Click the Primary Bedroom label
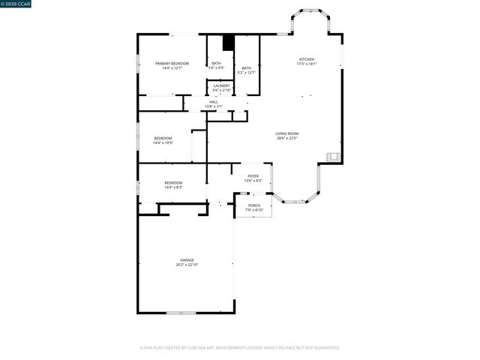[x=172, y=63]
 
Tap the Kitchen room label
[x=307, y=59]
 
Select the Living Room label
[x=287, y=133]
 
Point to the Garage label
[x=187, y=260]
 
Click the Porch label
[x=254, y=205]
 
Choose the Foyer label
[x=253, y=176]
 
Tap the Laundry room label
[x=221, y=85]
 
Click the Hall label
[x=214, y=102]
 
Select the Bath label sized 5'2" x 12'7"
[x=246, y=68]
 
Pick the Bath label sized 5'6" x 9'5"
[x=216, y=63]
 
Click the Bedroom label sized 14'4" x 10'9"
[x=163, y=138]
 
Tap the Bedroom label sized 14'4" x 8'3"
[x=173, y=183]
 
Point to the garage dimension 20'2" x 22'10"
[x=187, y=265]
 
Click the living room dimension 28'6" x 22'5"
[x=287, y=138]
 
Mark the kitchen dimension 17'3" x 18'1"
[x=307, y=64]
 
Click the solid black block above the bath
[x=229, y=43]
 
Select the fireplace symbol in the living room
[x=334, y=157]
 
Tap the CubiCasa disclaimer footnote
[x=240, y=348]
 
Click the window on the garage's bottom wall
[x=181, y=312]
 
